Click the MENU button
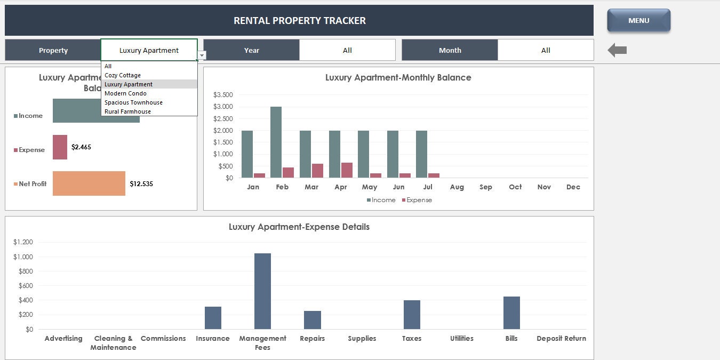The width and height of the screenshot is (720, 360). (638, 21)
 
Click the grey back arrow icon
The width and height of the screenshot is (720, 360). (617, 51)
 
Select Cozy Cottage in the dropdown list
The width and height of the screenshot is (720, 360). (123, 75)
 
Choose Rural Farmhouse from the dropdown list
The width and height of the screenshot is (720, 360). (127, 111)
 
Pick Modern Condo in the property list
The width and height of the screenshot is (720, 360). (125, 93)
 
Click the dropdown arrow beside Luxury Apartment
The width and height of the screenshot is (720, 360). (202, 55)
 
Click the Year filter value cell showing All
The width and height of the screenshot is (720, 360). (347, 50)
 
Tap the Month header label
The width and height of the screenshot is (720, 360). (450, 50)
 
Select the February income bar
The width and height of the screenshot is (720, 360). (276, 142)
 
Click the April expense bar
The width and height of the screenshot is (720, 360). (347, 170)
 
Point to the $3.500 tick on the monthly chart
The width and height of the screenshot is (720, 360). (223, 95)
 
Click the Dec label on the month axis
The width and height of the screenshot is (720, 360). (573, 187)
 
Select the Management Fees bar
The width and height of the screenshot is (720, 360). (262, 291)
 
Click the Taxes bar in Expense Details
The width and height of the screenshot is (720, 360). (412, 315)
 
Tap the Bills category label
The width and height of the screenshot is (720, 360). (511, 339)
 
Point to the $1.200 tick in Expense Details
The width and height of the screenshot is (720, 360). (23, 242)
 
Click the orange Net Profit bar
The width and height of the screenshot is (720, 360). (89, 183)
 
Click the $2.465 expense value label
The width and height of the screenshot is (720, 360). (81, 147)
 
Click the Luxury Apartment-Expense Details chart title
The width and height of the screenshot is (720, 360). (299, 227)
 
